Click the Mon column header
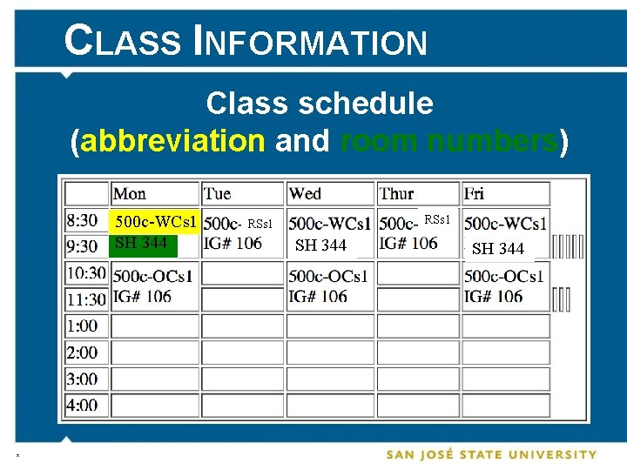pyautogui.click(x=130, y=193)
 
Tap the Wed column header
pyautogui.click(x=305, y=193)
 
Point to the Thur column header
pyautogui.click(x=396, y=193)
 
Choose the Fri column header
pyautogui.click(x=475, y=193)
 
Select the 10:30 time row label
pyautogui.click(x=85, y=273)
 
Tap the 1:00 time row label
pyautogui.click(x=82, y=326)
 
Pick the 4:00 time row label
pyautogui.click(x=82, y=405)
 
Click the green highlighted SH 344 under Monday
pyautogui.click(x=141, y=243)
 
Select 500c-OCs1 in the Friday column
pyautogui.click(x=504, y=276)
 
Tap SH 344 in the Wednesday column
pyautogui.click(x=320, y=246)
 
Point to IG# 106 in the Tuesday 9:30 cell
pyautogui.click(x=233, y=243)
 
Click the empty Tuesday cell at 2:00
pyautogui.click(x=242, y=352)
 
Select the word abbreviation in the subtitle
pyautogui.click(x=172, y=140)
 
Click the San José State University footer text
pyautogui.click(x=491, y=454)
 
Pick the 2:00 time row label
pyautogui.click(x=82, y=352)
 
